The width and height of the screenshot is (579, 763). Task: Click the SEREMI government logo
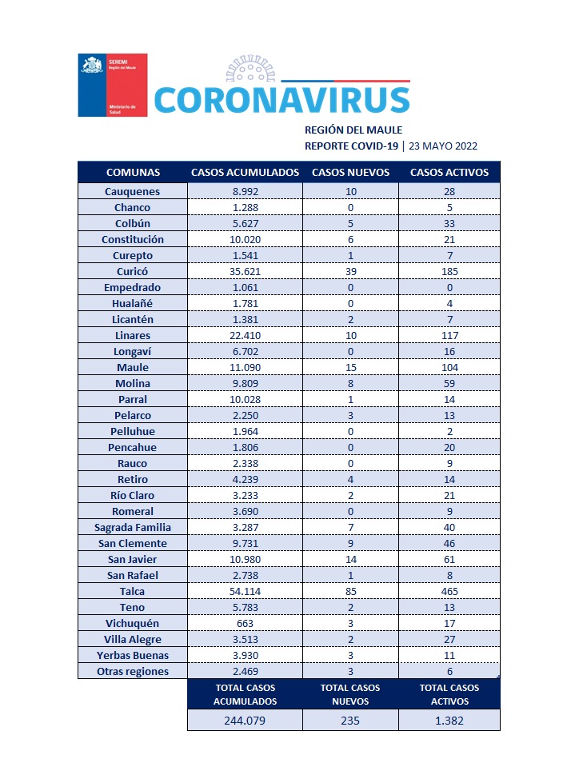[112, 85]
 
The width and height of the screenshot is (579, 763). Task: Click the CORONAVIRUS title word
[282, 98]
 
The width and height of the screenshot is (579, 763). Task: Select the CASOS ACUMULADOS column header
[245, 173]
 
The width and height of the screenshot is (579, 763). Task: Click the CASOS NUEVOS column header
[350, 173]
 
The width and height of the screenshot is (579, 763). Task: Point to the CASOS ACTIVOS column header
[449, 173]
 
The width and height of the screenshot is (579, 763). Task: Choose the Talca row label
[132, 591]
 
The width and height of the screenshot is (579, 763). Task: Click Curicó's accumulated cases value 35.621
[245, 271]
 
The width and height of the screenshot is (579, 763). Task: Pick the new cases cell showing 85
[350, 591]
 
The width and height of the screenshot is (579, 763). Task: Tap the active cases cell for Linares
[449, 335]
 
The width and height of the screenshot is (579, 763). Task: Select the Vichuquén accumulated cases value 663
[245, 623]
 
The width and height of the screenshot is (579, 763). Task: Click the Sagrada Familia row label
[132, 527]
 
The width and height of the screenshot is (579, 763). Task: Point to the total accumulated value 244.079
[245, 720]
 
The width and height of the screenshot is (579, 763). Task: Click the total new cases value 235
[350, 720]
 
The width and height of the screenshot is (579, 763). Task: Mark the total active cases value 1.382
[449, 720]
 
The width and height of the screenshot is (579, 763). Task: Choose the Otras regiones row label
[132, 671]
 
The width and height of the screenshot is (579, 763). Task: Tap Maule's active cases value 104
[449, 367]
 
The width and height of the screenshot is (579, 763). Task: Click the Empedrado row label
[132, 287]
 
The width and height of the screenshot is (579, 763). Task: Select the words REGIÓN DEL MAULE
[353, 130]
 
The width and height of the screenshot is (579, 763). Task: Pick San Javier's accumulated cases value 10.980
[245, 559]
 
